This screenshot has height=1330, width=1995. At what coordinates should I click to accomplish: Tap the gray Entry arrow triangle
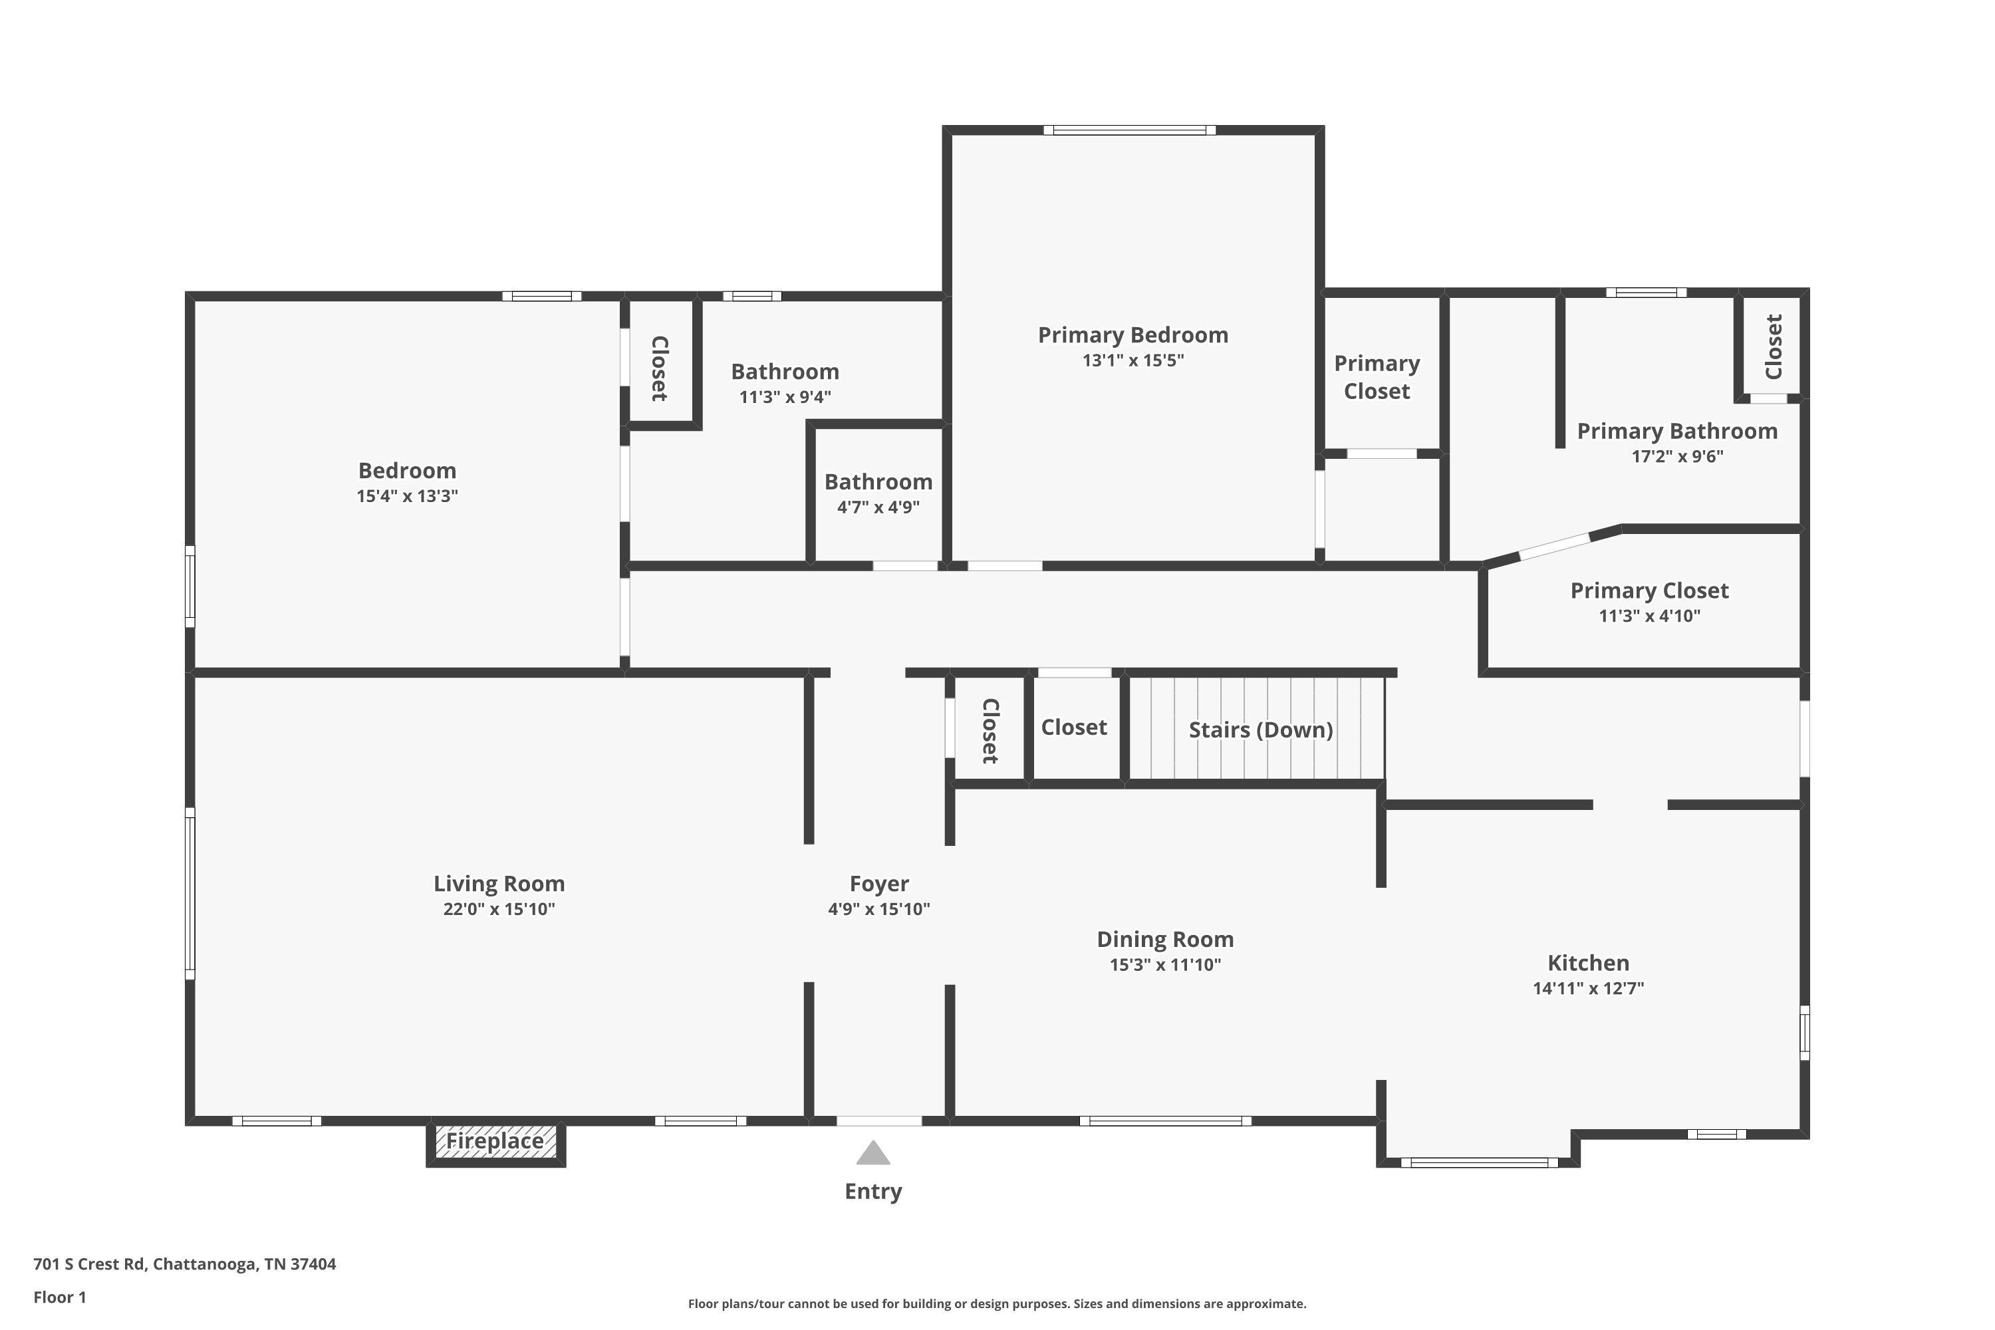872,1154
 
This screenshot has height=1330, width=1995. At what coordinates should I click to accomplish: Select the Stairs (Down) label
1260,730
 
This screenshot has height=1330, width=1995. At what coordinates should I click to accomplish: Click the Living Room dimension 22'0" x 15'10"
499,909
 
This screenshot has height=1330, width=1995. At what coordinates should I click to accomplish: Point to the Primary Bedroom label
1132,335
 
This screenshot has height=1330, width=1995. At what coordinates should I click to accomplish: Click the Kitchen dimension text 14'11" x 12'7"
1588,988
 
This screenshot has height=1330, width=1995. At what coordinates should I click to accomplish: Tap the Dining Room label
1164,939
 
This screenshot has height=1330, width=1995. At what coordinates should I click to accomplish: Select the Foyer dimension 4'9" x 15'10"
878,909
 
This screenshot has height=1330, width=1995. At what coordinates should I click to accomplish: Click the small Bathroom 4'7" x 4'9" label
878,481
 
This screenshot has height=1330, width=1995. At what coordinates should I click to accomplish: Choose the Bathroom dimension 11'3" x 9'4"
785,397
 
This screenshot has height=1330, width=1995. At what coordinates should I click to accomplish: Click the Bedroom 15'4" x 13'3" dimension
407,496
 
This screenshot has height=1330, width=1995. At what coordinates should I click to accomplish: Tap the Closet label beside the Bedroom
660,368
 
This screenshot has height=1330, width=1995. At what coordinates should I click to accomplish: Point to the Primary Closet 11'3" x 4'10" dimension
1649,616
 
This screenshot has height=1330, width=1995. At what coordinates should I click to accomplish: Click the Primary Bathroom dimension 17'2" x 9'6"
1677,456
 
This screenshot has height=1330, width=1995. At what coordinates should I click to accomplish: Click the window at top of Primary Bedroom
1129,130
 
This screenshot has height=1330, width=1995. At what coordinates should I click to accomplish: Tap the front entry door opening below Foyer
878,1121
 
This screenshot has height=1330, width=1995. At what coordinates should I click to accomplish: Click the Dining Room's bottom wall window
1164,1121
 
